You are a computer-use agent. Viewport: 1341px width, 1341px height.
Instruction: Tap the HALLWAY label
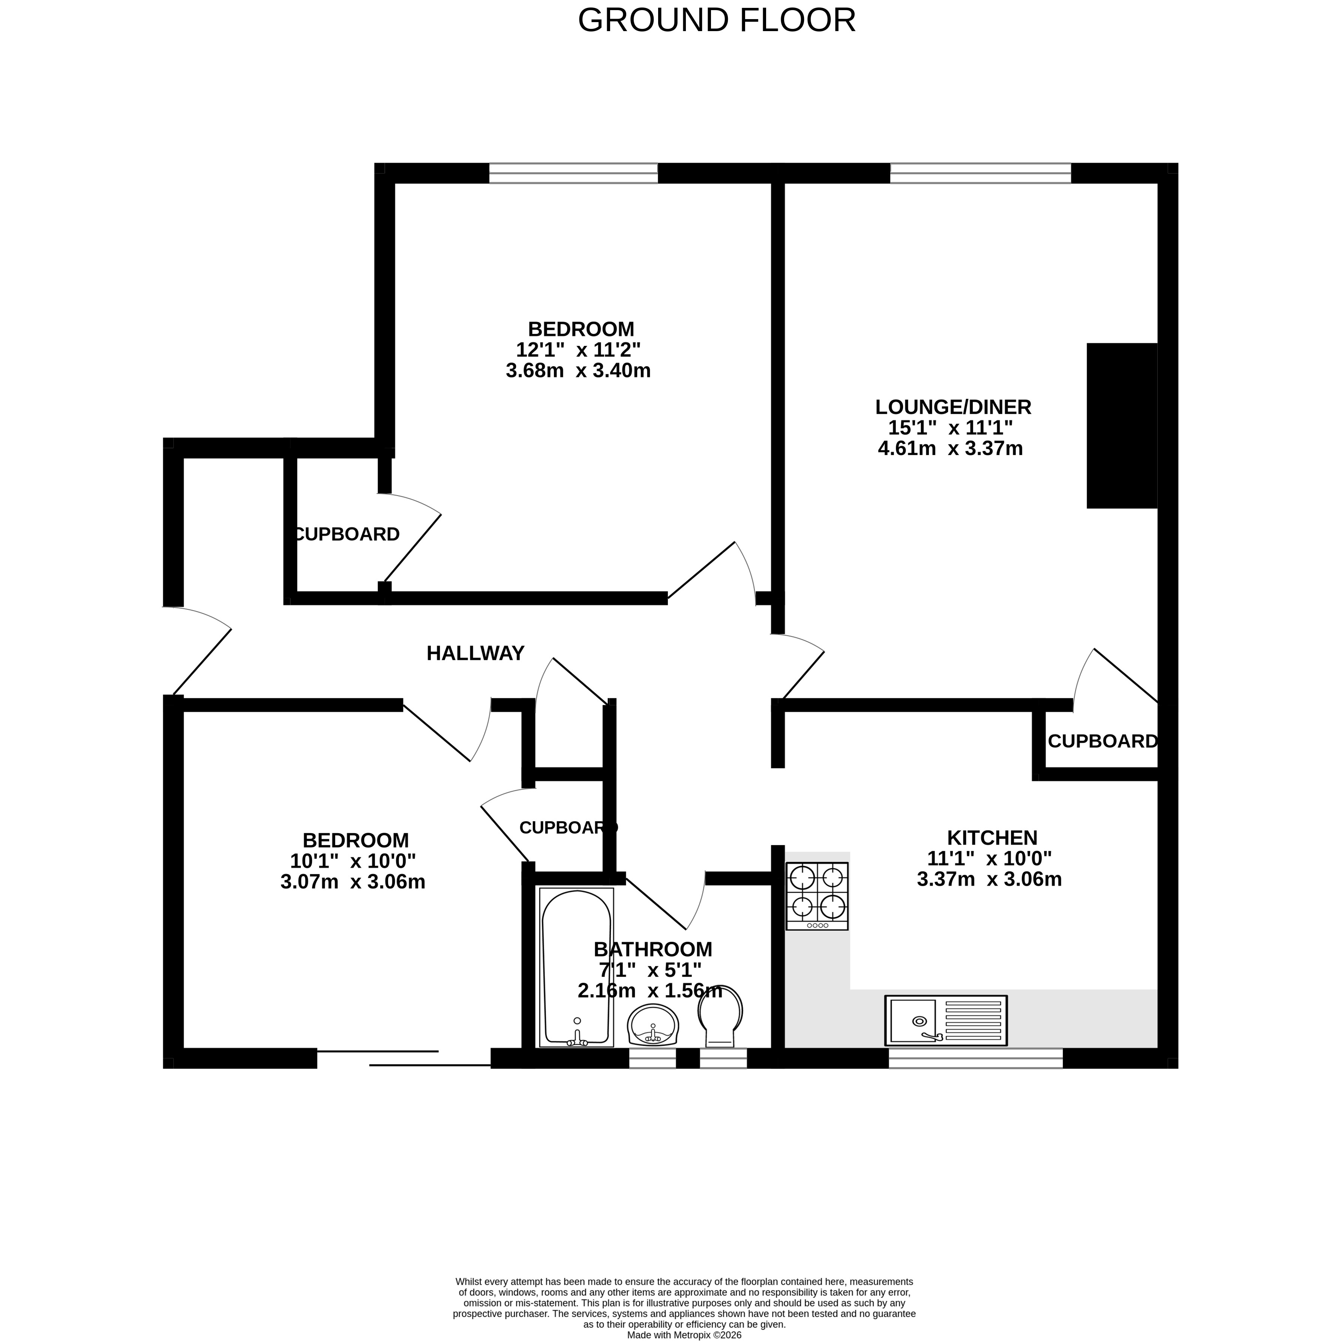[475, 653]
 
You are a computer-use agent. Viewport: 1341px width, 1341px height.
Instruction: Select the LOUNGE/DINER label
[953, 407]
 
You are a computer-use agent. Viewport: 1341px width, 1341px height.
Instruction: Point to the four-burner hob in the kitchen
[817, 896]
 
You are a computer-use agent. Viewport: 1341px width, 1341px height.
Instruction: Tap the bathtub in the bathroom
[576, 968]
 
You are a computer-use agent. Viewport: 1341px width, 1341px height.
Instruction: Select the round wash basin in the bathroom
[653, 1025]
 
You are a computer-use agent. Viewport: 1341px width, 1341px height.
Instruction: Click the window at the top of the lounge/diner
[981, 173]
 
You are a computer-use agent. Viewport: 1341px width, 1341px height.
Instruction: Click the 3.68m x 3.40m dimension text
[578, 371]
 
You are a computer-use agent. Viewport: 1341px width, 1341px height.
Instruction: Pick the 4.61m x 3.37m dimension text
[950, 448]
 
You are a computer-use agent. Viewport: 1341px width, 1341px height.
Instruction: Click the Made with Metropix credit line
[684, 1334]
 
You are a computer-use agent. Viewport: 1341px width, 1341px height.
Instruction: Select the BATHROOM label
[653, 949]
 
